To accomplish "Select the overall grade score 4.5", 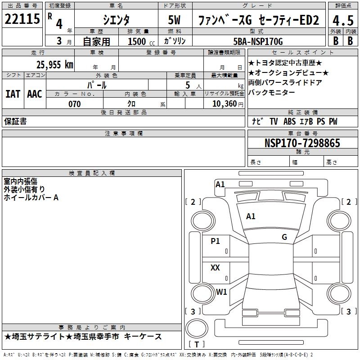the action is (x=342, y=20).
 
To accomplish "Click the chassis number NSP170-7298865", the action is (x=302, y=143).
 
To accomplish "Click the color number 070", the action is (x=74, y=104).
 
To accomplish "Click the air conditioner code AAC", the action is (x=34, y=94).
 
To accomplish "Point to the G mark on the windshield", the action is (x=284, y=237).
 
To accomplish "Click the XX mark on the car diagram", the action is (x=215, y=268).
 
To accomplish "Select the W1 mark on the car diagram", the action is (x=221, y=292).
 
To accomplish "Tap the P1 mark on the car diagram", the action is (x=216, y=241).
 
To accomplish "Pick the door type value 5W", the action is (x=175, y=20).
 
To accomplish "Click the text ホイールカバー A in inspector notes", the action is (x=31, y=197).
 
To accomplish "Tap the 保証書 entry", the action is (x=15, y=121).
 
